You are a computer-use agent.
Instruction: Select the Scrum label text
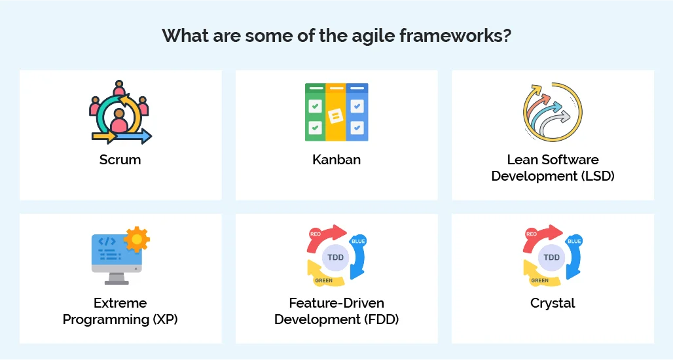pyautogui.click(x=120, y=160)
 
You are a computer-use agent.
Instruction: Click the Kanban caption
pyautogui.click(x=336, y=160)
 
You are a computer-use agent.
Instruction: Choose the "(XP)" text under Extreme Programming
pyautogui.click(x=164, y=319)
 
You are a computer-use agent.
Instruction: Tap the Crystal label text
pyautogui.click(x=553, y=303)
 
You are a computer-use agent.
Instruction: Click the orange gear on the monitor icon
pyautogui.click(x=137, y=240)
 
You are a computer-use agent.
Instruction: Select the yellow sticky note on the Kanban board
pyautogui.click(x=335, y=117)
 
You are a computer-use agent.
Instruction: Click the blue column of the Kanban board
pyautogui.click(x=357, y=113)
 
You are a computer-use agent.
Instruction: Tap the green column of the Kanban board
pyautogui.click(x=316, y=113)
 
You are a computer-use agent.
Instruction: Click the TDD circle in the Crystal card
pyautogui.click(x=552, y=257)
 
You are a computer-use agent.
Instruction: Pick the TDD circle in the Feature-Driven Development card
pyautogui.click(x=336, y=257)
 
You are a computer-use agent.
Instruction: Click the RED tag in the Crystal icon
pyautogui.click(x=532, y=234)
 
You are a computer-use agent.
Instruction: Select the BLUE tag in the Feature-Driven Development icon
pyautogui.click(x=358, y=241)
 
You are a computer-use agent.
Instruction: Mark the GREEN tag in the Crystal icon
pyautogui.click(x=539, y=281)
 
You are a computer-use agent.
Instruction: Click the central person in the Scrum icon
pyautogui.click(x=119, y=120)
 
